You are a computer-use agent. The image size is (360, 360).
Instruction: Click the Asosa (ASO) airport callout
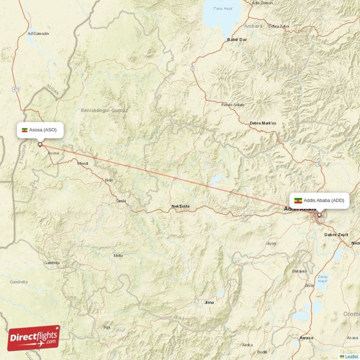(40, 130)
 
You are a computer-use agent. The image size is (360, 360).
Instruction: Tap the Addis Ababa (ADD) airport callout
(319, 201)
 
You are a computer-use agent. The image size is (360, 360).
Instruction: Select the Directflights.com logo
(34, 337)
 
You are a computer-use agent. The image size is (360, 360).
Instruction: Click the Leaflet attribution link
(351, 356)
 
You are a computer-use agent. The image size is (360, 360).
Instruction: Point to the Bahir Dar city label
(237, 40)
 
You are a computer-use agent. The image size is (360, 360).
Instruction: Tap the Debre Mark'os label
(263, 123)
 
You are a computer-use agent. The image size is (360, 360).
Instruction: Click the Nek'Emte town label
(180, 207)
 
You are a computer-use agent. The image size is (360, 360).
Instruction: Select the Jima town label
(209, 302)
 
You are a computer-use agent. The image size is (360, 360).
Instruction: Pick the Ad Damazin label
(38, 33)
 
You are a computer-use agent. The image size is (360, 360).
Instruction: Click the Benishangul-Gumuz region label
(104, 110)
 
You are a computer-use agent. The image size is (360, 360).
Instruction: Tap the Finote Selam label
(233, 105)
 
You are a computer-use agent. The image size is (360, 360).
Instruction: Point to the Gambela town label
(51, 263)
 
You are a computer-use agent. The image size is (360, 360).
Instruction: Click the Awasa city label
(306, 337)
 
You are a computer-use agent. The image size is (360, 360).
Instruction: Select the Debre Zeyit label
(337, 234)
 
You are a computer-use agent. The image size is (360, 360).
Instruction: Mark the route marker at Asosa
(40, 144)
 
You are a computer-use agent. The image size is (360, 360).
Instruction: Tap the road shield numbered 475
(16, 90)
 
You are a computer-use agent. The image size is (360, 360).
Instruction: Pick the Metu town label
(118, 256)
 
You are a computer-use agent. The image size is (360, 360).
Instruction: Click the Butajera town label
(299, 271)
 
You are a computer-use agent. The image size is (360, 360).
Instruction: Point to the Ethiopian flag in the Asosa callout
(24, 130)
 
